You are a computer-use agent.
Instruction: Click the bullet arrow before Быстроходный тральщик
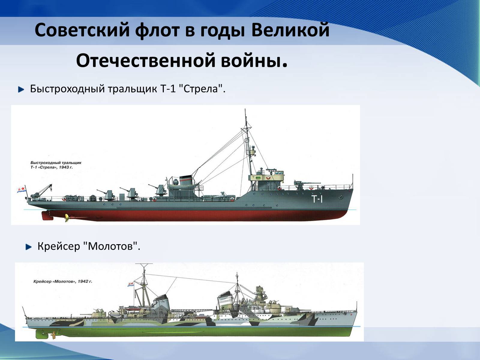[21, 89]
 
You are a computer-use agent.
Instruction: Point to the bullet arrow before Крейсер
[28, 247]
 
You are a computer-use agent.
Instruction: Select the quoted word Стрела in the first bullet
[201, 89]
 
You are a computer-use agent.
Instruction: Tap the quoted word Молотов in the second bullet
[110, 246]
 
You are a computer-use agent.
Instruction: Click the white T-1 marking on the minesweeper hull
[317, 199]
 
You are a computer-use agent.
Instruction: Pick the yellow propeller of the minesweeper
[67, 218]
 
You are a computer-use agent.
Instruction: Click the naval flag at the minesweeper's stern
[21, 189]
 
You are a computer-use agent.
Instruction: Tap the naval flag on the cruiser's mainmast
[131, 284]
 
